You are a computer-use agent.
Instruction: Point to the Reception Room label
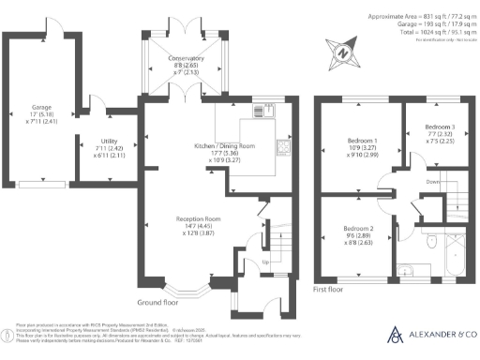(197, 220)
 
